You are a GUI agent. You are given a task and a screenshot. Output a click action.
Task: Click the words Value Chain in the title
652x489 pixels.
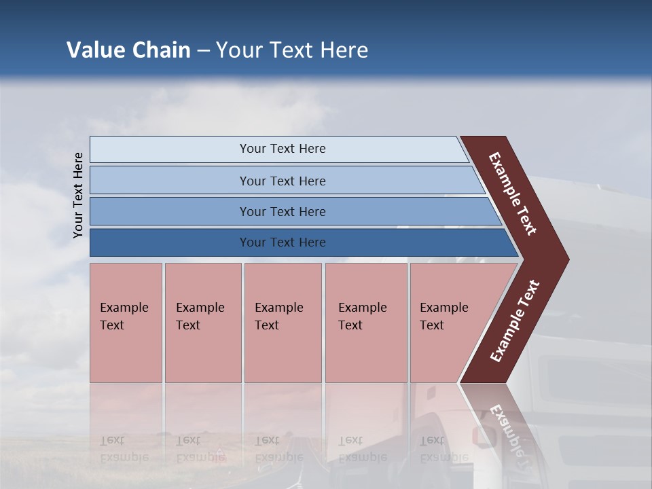[128, 50]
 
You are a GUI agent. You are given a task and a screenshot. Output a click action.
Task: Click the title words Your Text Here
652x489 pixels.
[292, 50]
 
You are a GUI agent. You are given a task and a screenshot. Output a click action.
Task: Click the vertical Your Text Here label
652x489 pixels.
[78, 195]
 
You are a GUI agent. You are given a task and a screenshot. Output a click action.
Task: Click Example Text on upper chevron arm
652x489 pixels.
[513, 194]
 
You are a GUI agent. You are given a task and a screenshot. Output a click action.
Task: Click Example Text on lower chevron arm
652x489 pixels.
[514, 321]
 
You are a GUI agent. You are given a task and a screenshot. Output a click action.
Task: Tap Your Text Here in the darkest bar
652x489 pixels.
[283, 242]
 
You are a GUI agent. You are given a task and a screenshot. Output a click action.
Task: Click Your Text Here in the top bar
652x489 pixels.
[283, 149]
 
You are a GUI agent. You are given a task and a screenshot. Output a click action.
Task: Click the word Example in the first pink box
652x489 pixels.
[124, 308]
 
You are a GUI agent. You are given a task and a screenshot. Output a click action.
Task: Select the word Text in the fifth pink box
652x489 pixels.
[432, 325]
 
